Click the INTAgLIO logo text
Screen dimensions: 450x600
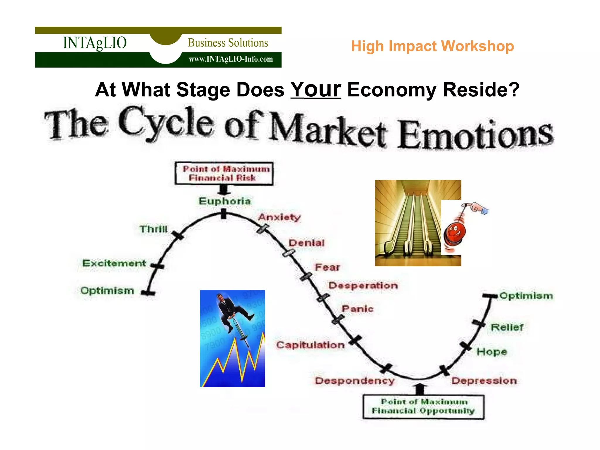[95, 43]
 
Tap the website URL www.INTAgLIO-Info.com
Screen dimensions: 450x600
[231, 59]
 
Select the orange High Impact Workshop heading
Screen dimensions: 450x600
[432, 46]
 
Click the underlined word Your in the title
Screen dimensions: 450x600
[316, 90]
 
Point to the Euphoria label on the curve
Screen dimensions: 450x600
[225, 201]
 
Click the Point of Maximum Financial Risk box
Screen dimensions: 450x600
[224, 173]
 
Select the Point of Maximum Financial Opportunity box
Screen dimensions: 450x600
[423, 407]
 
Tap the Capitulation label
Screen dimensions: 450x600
[310, 345]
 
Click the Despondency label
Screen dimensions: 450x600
[354, 381]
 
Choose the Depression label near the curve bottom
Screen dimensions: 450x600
[484, 381]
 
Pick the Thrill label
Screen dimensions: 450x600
[154, 229]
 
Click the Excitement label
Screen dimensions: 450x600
[114, 263]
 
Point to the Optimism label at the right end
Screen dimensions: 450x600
[526, 296]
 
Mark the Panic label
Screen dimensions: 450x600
[357, 309]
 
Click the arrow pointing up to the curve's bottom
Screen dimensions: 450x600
[420, 389]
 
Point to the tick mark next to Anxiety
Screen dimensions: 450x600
[263, 229]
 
